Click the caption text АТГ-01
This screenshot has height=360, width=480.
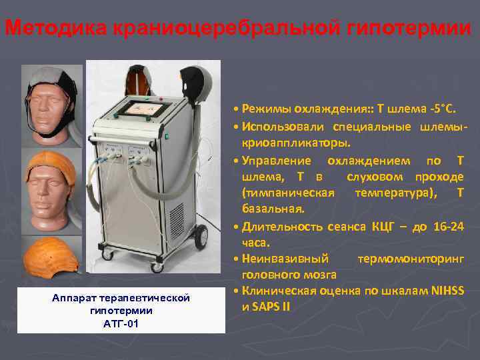pos(120,324)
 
